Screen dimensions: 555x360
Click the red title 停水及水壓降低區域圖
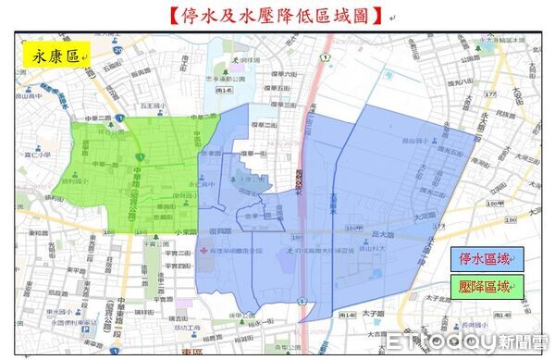[277, 15]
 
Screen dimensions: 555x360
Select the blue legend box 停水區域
[487, 256]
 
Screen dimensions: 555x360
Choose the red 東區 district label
[192, 352]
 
